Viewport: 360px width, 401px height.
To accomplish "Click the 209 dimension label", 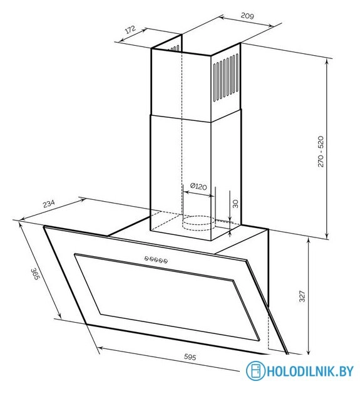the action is pos(247,16).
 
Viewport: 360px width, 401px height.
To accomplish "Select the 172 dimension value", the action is pos(131,29).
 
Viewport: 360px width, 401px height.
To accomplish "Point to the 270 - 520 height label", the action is pos(321,152).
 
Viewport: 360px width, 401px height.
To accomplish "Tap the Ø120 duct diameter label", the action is pos(198,187).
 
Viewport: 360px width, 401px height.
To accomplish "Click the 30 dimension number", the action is pos(235,204).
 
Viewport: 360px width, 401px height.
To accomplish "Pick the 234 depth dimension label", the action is pos(49,204).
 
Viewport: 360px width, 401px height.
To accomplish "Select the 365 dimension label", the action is pos(35,274).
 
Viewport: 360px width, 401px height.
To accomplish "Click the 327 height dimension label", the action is pos(302,296).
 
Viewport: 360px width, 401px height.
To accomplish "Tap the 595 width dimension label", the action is pos(190,357).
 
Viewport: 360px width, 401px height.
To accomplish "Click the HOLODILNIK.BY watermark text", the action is pos(310,371).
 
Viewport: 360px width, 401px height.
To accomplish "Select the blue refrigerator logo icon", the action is pos(255,371).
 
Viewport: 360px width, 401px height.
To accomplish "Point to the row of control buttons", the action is pos(156,260).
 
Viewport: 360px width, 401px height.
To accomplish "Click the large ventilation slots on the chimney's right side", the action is pos(226,78).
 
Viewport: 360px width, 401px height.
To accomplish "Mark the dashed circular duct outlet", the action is pos(198,224).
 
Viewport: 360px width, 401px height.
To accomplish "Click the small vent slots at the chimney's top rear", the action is pos(174,48).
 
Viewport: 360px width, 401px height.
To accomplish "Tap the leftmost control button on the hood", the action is pos(147,259).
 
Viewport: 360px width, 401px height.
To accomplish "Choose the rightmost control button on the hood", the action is pos(165,261).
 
